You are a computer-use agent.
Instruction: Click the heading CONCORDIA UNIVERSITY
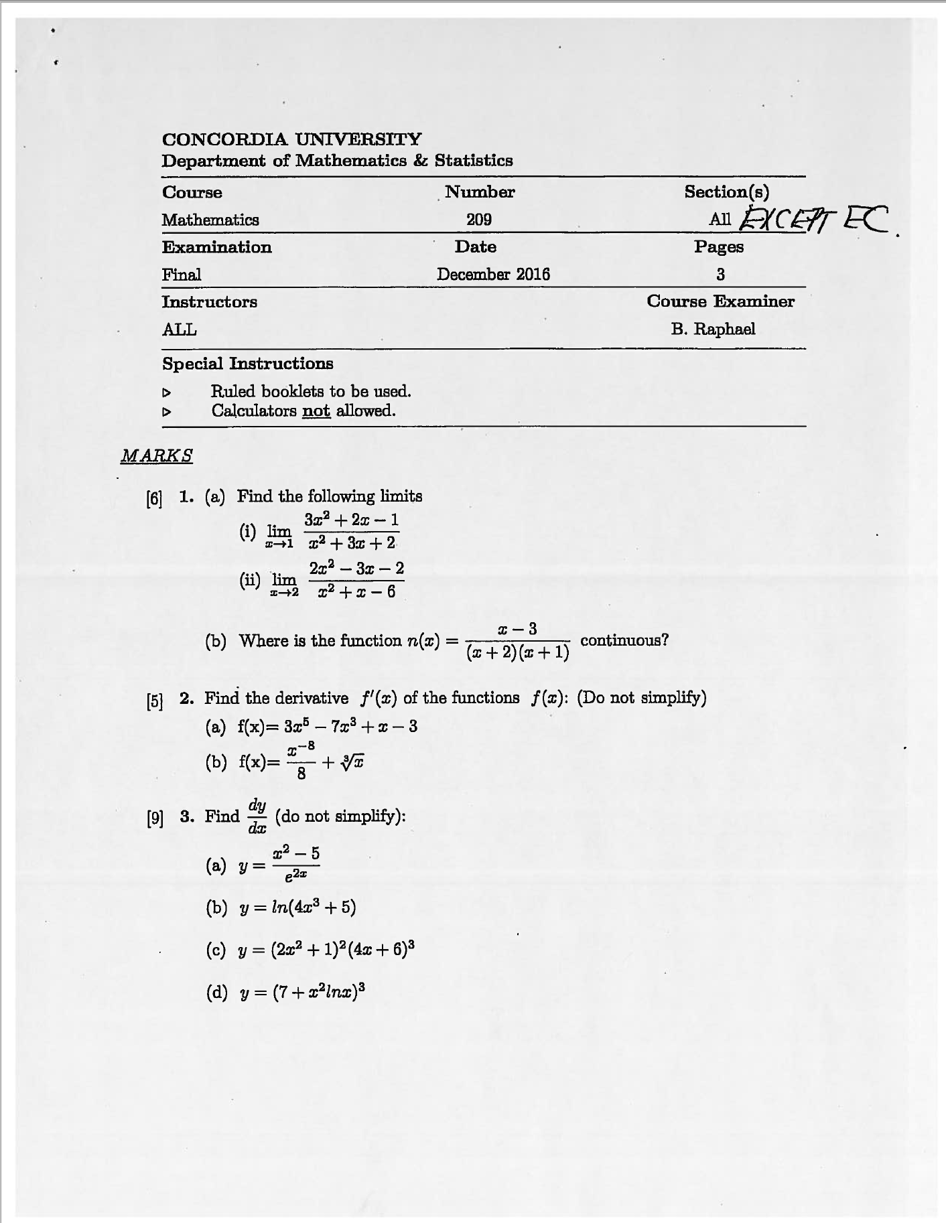pos(291,139)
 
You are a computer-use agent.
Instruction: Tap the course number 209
pos(479,220)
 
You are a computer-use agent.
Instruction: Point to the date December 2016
pos(493,275)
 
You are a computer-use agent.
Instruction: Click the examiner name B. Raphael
pos(713,329)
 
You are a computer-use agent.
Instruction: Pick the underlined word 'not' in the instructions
pos(316,411)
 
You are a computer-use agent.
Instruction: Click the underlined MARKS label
pos(157,456)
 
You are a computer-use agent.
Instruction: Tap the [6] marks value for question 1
pos(154,498)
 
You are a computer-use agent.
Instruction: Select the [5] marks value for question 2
pos(154,701)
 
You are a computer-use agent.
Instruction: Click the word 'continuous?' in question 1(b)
pos(624,640)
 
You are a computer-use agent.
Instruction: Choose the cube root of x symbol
pos(352,762)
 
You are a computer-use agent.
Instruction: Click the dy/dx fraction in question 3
pos(257,816)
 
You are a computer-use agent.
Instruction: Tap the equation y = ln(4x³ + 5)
pos(297,908)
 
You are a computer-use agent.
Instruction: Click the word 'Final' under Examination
pos(182,275)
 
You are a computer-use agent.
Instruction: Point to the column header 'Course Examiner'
pos(720,301)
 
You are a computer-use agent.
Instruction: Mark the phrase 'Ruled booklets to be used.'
pos(311,391)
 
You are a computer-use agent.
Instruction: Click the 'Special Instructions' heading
pos(247,364)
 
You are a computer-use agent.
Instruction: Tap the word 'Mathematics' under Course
pos(210,220)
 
